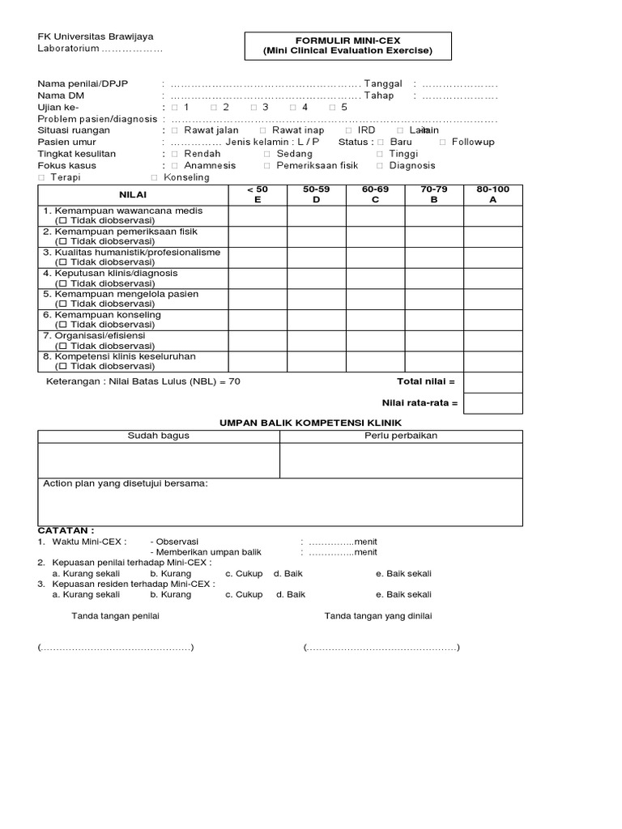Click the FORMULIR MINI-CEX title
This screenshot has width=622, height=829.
click(347, 39)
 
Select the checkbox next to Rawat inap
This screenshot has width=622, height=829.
click(262, 130)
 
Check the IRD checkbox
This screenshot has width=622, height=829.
click(348, 130)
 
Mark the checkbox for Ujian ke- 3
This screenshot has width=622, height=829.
click(253, 107)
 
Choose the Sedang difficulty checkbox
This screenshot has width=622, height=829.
click(266, 154)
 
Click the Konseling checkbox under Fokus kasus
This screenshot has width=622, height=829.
click(154, 177)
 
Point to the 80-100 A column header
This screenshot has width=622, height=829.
click(493, 194)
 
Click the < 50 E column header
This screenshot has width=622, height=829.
click(257, 194)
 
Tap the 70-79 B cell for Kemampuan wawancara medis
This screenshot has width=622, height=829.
click(434, 215)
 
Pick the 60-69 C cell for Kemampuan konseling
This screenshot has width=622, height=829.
click(376, 320)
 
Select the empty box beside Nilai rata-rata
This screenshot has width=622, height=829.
click(493, 403)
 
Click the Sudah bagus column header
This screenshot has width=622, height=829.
click(159, 436)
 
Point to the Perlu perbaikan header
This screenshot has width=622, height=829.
click(401, 436)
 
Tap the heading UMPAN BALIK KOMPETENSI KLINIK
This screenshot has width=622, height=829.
click(311, 423)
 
